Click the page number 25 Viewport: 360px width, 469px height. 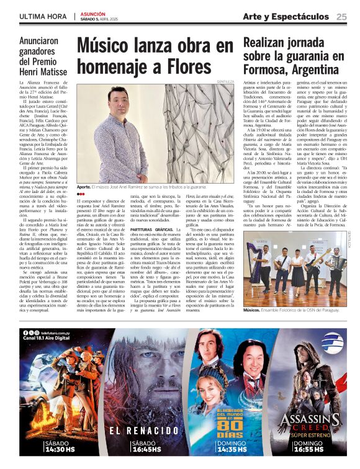pyautogui.click(x=341, y=17)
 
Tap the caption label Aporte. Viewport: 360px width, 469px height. pyautogui.click(x=84, y=186)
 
